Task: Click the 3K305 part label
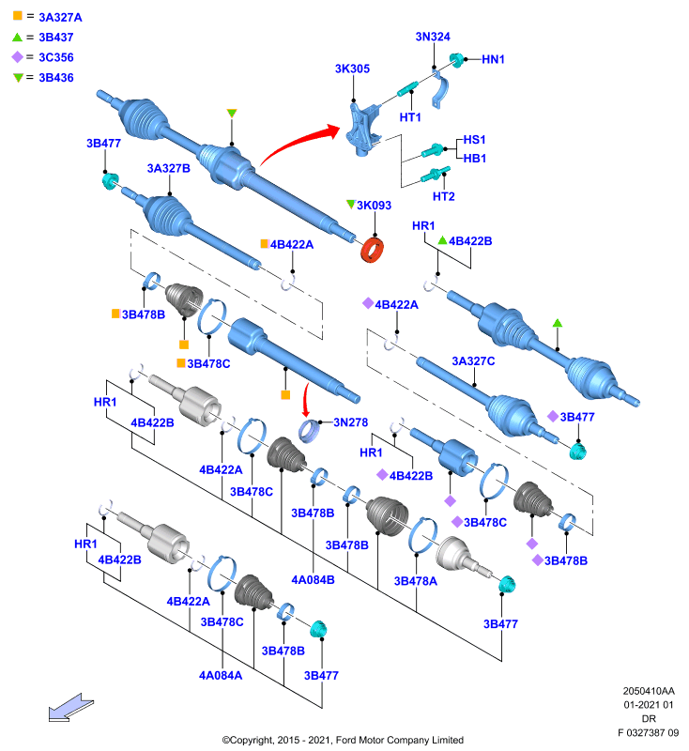(352, 69)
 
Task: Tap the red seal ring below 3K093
(372, 250)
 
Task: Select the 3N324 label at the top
(433, 37)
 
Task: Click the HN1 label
(493, 59)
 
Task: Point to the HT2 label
(443, 196)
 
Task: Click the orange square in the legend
(18, 15)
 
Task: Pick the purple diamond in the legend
(17, 57)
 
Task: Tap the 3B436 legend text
(56, 78)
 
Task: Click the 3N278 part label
(350, 422)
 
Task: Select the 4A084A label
(221, 675)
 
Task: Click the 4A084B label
(313, 579)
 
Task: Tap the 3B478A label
(415, 581)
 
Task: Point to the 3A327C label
(473, 361)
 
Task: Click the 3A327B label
(169, 169)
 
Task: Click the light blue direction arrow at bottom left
(70, 707)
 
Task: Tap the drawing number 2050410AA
(649, 691)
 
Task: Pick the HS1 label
(474, 140)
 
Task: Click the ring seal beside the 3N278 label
(309, 431)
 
